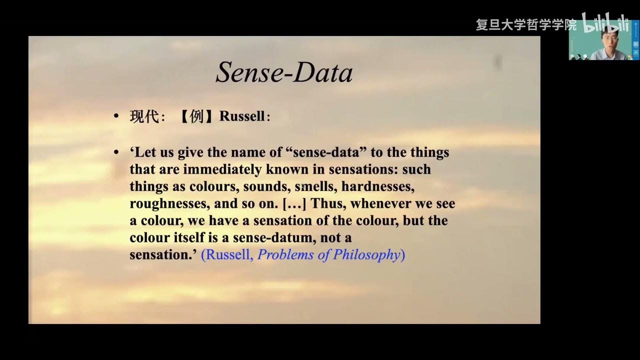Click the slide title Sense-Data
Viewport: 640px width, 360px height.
click(x=284, y=73)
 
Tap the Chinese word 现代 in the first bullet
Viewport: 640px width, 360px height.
click(x=144, y=116)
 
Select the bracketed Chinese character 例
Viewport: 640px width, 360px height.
click(x=197, y=116)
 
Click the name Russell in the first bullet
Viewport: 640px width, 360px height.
click(x=242, y=116)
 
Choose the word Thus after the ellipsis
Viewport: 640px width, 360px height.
click(x=328, y=204)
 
